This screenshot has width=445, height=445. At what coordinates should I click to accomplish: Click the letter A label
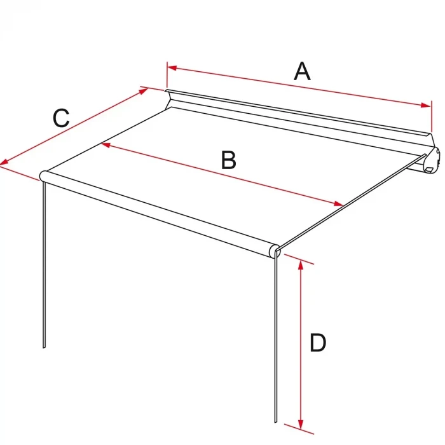click(x=302, y=71)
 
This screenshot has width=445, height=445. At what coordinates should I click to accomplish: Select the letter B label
click(x=228, y=160)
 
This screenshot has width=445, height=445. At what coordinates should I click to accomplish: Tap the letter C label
click(x=61, y=118)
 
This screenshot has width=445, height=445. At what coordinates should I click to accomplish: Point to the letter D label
click(x=318, y=343)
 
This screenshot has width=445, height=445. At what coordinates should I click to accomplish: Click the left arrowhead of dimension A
click(x=172, y=68)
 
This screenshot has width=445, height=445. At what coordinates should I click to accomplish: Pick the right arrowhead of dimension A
click(x=426, y=106)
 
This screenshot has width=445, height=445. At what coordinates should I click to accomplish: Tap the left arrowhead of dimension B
click(x=106, y=145)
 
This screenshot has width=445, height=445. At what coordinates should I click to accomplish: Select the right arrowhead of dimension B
click(x=339, y=203)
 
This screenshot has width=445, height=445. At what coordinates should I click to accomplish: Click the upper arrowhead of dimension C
click(x=143, y=91)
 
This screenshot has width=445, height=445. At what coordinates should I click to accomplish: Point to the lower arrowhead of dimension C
click(x=4, y=162)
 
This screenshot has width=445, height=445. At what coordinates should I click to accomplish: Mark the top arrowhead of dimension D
click(x=301, y=265)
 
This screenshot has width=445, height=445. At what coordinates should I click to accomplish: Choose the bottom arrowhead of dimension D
click(x=301, y=424)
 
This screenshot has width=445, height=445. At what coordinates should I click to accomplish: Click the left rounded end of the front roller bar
click(x=43, y=176)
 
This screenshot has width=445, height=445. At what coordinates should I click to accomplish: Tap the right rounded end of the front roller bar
click(x=275, y=251)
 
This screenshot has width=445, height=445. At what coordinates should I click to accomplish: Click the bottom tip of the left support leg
click(x=44, y=348)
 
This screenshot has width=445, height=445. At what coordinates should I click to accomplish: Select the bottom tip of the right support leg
click(x=275, y=422)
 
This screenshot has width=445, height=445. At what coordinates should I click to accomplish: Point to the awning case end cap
click(x=432, y=160)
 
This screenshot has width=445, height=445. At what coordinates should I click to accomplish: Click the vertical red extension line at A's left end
click(x=167, y=75)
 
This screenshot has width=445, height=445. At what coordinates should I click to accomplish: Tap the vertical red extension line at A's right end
click(x=432, y=116)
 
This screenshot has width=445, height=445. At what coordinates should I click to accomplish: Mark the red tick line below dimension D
click(x=299, y=429)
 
